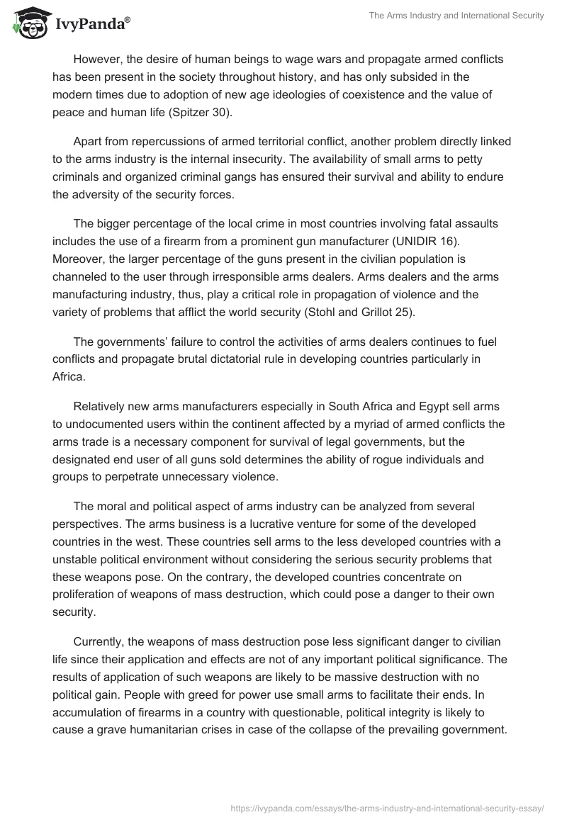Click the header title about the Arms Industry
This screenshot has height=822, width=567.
coord(456,16)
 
